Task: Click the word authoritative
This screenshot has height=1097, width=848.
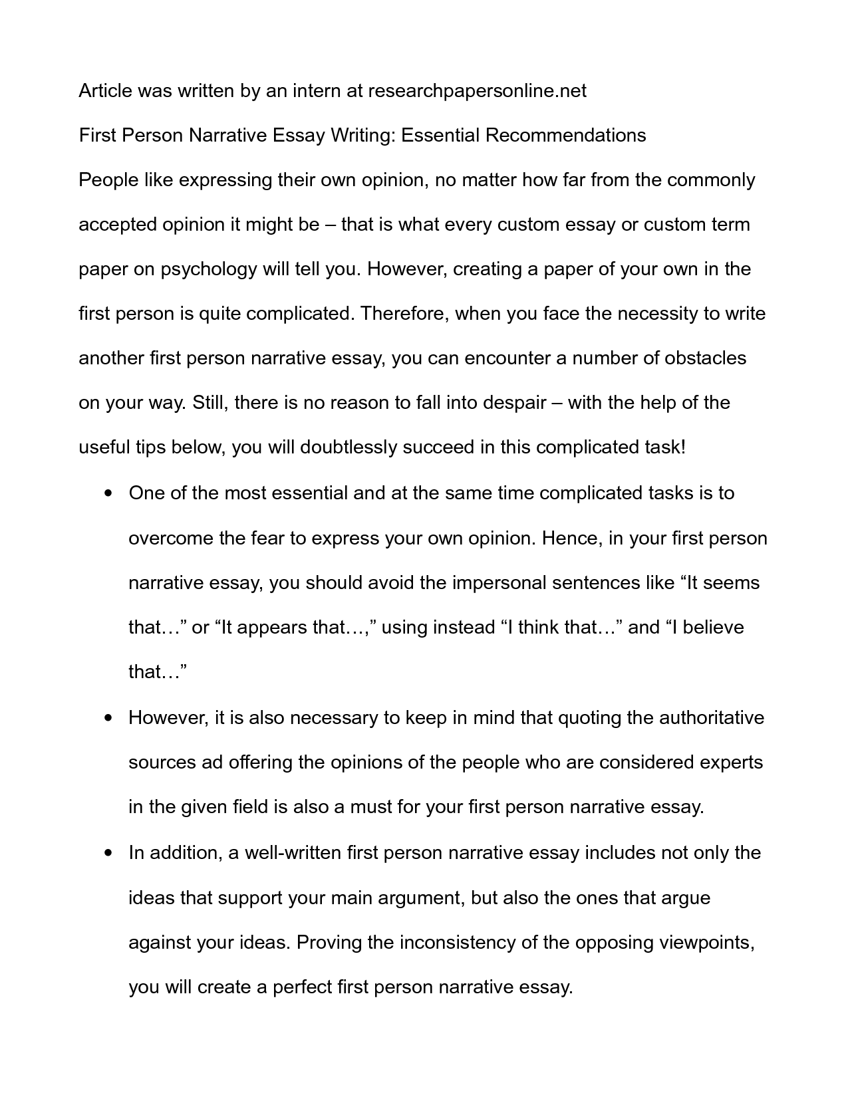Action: click(x=711, y=718)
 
